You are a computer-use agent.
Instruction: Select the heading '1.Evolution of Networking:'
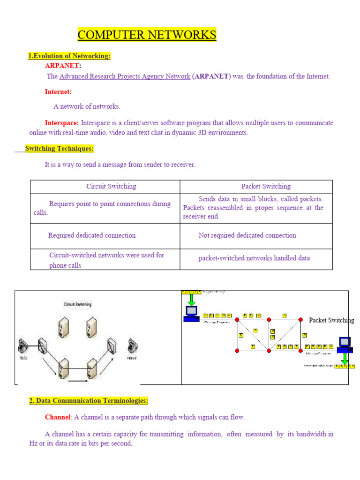69,56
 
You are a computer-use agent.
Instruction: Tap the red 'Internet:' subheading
58,92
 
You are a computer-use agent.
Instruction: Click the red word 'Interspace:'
62,123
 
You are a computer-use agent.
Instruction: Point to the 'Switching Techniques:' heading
59,149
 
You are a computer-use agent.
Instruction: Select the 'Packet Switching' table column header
266,187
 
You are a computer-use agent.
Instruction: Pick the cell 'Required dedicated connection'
92,235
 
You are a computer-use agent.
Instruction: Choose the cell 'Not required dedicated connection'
247,235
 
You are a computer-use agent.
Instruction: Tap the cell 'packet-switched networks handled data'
254,258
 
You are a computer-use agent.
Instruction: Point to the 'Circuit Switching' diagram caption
78,304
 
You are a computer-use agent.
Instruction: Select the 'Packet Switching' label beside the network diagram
331,320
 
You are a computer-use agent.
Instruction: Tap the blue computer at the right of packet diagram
345,345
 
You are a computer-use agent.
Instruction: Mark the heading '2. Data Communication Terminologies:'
89,401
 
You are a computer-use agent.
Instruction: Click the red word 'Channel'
57,417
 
